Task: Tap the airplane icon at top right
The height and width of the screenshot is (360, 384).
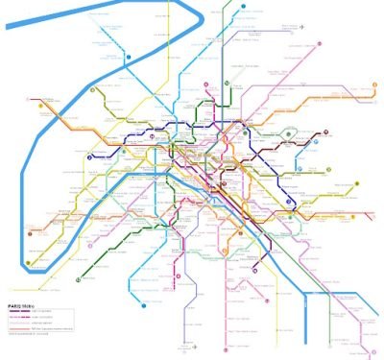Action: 301,27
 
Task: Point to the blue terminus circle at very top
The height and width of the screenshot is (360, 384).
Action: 243,5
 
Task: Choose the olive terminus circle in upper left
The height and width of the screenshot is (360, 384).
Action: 92,91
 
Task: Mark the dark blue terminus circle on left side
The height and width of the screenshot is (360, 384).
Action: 88,156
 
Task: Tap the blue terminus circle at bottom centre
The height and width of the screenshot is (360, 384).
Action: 144,307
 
